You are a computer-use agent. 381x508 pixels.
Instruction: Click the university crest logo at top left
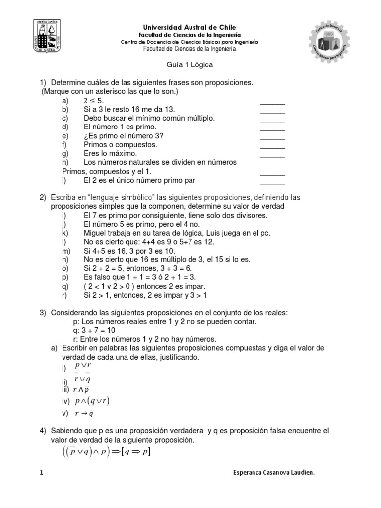[47, 37]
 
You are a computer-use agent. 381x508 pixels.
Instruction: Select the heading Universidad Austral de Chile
[190, 28]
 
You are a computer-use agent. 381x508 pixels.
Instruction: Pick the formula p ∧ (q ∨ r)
[92, 401]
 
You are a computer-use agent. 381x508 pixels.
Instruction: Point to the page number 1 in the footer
[41, 473]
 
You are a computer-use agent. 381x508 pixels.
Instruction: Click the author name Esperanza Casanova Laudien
[273, 473]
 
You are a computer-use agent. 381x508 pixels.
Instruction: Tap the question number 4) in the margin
[43, 430]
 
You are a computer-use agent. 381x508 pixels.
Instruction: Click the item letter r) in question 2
[64, 296]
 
